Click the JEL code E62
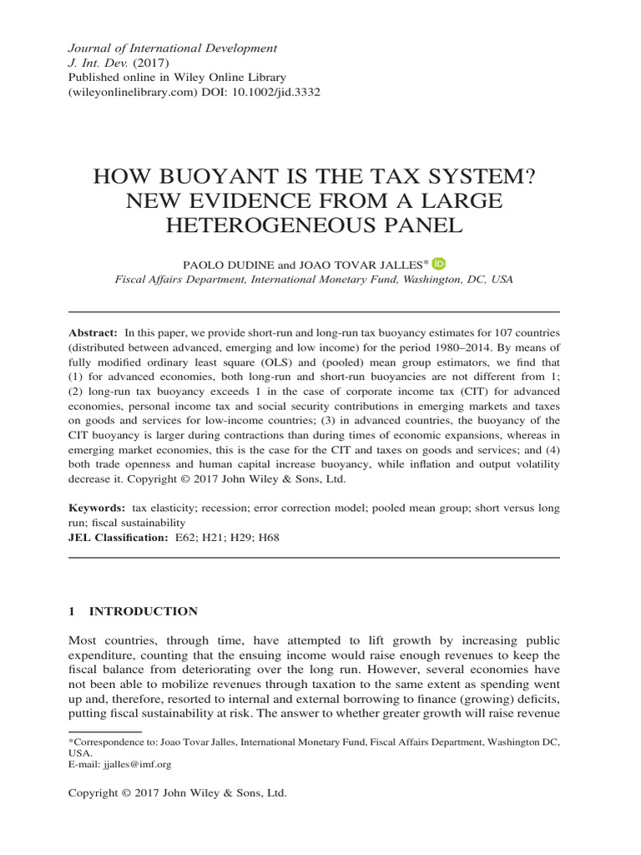tap(184, 538)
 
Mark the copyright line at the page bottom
tap(177, 794)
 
